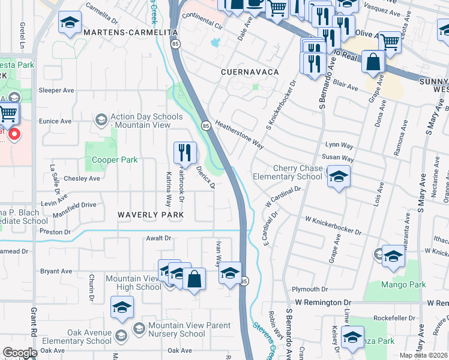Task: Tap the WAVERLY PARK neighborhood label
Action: pos(150,214)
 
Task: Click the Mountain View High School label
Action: pos(133,283)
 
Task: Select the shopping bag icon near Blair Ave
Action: pos(373,62)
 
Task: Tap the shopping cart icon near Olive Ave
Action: pos(390,42)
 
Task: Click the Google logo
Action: pos(20,353)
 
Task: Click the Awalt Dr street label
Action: pos(158,238)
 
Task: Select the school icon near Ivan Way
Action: pos(229,272)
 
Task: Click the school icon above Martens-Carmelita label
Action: pos(70,23)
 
